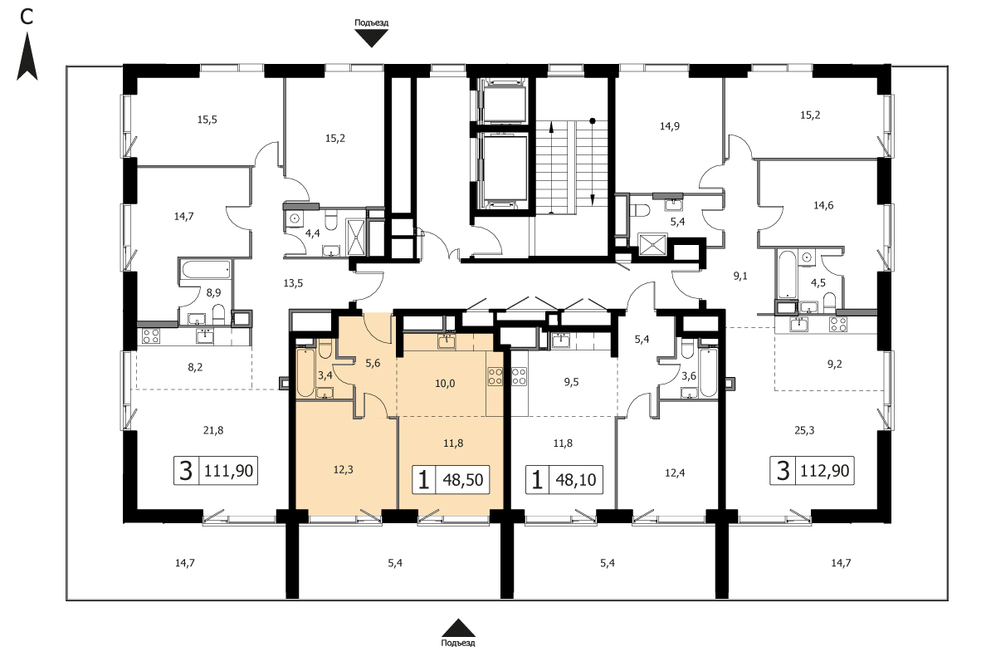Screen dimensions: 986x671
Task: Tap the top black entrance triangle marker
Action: [372, 38]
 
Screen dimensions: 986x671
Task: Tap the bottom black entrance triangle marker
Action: [458, 628]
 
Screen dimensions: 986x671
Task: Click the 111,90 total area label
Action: [229, 471]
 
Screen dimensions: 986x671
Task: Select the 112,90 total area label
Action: [825, 470]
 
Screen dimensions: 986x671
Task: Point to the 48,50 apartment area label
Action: [463, 480]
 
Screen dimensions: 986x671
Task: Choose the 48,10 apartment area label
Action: [576, 480]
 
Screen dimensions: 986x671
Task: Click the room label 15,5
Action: [207, 120]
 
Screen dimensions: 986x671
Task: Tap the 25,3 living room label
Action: [804, 430]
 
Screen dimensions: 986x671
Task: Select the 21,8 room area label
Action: [213, 430]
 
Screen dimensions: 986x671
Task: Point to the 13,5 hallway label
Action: [292, 283]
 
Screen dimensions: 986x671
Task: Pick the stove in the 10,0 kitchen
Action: [495, 376]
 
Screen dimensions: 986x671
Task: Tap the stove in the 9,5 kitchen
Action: [519, 376]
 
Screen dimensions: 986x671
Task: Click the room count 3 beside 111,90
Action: [186, 470]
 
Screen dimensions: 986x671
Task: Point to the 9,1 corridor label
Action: [741, 276]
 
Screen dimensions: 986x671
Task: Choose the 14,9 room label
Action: [670, 126]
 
